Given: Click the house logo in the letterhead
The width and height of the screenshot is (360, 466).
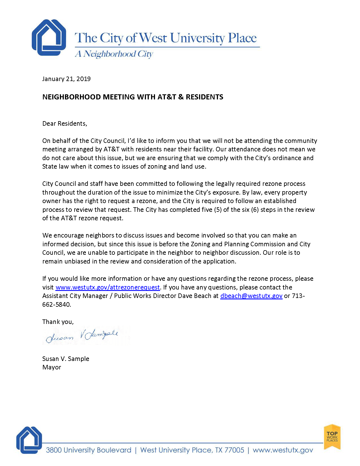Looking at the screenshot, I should (49, 38).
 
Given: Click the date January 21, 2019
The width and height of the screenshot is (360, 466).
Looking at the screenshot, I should (66, 79).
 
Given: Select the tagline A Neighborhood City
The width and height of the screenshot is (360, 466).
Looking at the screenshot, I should (114, 54).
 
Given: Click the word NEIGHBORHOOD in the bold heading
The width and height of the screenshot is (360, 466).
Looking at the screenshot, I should (71, 97).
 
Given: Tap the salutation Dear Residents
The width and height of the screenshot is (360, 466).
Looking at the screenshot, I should (65, 123).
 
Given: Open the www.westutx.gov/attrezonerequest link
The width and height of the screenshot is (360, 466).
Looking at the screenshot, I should (108, 287).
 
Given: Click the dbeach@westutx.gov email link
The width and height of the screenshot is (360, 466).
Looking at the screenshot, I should (251, 296).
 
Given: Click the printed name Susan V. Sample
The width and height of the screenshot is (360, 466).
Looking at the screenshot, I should (66, 359).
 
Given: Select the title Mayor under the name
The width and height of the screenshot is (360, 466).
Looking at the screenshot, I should (52, 367).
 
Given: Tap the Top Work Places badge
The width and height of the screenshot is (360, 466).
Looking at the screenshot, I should (332, 437).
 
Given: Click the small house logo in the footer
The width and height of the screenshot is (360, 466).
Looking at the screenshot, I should (29, 440).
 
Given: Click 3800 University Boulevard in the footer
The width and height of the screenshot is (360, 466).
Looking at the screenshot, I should (88, 450).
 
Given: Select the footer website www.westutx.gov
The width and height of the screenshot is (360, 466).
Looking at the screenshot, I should (283, 450).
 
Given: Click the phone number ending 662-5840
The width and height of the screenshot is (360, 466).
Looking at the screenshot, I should (56, 304).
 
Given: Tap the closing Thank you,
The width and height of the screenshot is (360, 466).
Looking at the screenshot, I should (58, 322).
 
